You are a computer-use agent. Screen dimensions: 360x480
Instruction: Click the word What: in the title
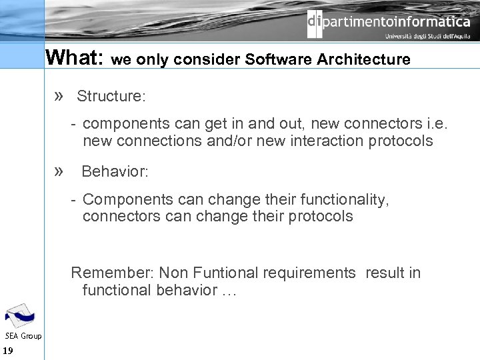tap(73, 58)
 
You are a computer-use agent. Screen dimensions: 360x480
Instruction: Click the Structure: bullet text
tap(111, 96)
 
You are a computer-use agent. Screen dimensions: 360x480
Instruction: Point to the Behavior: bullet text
tap(115, 171)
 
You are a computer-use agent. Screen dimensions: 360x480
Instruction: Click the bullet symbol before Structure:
tap(59, 96)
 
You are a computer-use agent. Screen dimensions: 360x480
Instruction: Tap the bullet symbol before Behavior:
tap(59, 171)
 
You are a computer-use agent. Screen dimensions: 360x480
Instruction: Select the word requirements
tap(312, 273)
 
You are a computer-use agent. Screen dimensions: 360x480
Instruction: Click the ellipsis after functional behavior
tap(229, 290)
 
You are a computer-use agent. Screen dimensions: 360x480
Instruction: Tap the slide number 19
tap(8, 351)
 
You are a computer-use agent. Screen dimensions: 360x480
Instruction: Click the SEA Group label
tap(23, 336)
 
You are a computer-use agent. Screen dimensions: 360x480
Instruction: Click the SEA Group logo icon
tap(19, 315)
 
